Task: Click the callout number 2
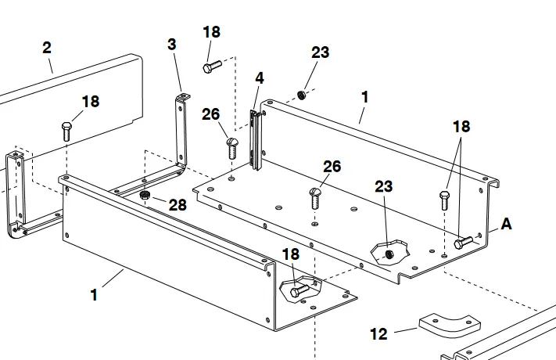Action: (47, 48)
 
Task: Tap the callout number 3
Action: (171, 45)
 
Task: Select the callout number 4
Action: (260, 78)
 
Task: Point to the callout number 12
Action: (378, 333)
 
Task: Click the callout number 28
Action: (178, 205)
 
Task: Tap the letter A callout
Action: (507, 224)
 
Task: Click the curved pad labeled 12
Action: (450, 325)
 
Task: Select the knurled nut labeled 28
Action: (145, 195)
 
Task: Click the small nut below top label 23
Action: (301, 95)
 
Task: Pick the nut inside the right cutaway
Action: (389, 254)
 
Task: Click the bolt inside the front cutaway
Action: (300, 290)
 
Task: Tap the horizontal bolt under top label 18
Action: (212, 67)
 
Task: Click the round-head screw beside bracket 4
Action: (232, 148)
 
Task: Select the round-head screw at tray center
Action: (315, 198)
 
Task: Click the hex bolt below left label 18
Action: (66, 131)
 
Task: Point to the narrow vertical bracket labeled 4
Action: (256, 140)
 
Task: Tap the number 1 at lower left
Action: (94, 295)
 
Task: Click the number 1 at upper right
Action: (365, 97)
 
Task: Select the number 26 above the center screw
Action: (332, 167)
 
